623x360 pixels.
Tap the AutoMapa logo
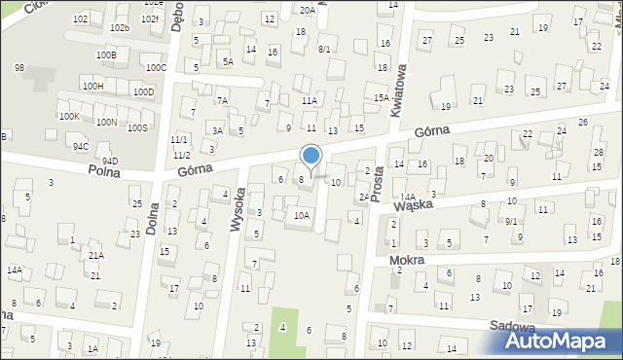pos(559,340)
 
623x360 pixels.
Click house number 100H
pos(92,86)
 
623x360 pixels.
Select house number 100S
pos(137,127)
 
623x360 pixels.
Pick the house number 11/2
pos(181,155)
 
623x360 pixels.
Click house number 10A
pos(302,215)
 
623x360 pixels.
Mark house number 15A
pos(382,97)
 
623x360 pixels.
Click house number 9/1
pos(511,221)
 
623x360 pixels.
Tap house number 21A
pos(96,255)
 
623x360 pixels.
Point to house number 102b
pos(119,28)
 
